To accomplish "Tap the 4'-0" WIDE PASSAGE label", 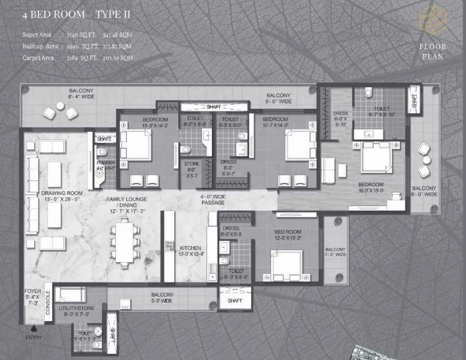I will [212, 200].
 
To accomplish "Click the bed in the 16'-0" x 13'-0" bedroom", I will [376, 157].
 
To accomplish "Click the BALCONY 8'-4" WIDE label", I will [81, 94].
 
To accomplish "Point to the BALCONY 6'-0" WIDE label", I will [424, 192].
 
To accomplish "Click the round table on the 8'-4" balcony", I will [60, 106].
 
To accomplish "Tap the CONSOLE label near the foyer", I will [48, 302].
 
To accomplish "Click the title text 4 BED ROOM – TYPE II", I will [76, 15].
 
